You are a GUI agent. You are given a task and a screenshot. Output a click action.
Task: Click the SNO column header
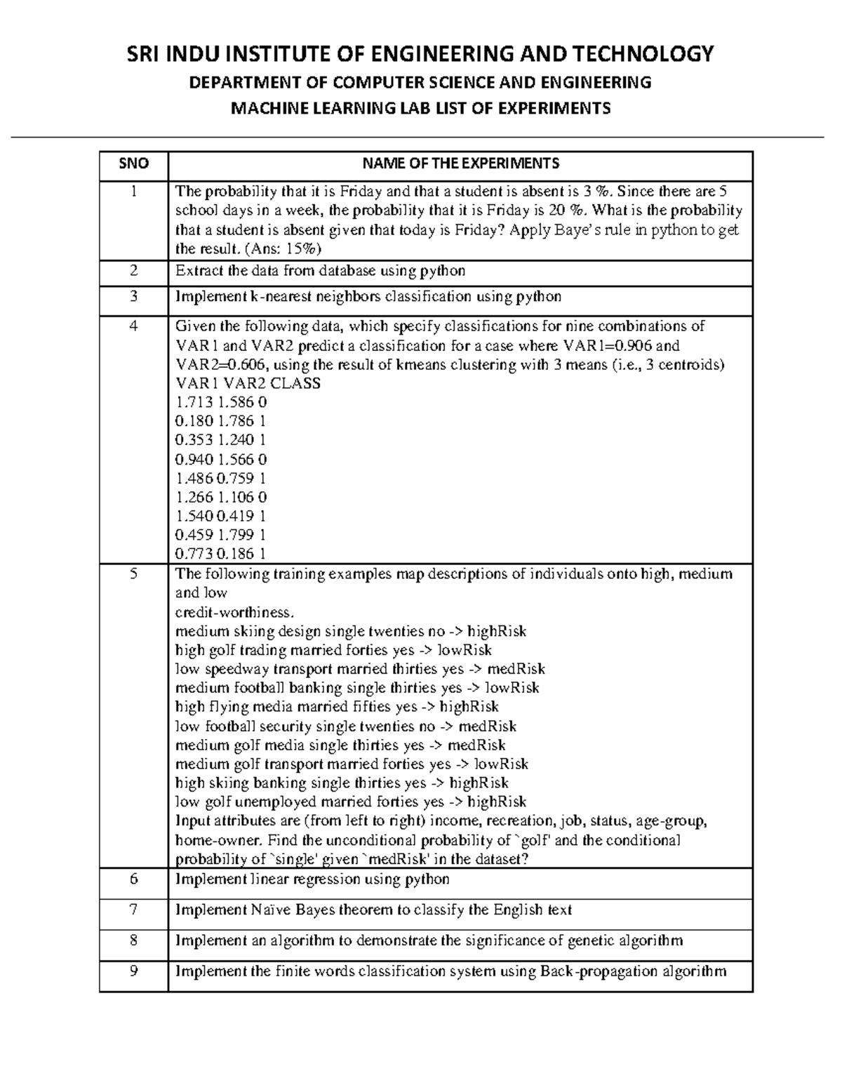point(133,164)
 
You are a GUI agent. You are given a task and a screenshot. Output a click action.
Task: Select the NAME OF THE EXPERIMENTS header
point(460,164)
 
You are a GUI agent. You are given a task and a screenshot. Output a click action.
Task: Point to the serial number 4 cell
point(133,326)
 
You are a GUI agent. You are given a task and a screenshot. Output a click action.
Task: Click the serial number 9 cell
point(133,971)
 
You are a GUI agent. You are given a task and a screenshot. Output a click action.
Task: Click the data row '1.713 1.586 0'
point(221,402)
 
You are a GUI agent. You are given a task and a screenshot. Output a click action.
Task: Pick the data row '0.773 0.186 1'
point(221,554)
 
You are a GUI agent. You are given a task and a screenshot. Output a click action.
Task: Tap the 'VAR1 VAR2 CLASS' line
point(248,383)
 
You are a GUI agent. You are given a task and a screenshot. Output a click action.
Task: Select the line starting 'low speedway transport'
point(359,669)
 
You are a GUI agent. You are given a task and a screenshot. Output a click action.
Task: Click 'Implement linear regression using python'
point(312,879)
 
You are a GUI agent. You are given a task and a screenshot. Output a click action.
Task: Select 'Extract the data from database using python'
point(320,271)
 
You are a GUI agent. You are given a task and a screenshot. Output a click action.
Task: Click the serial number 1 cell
point(133,192)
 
